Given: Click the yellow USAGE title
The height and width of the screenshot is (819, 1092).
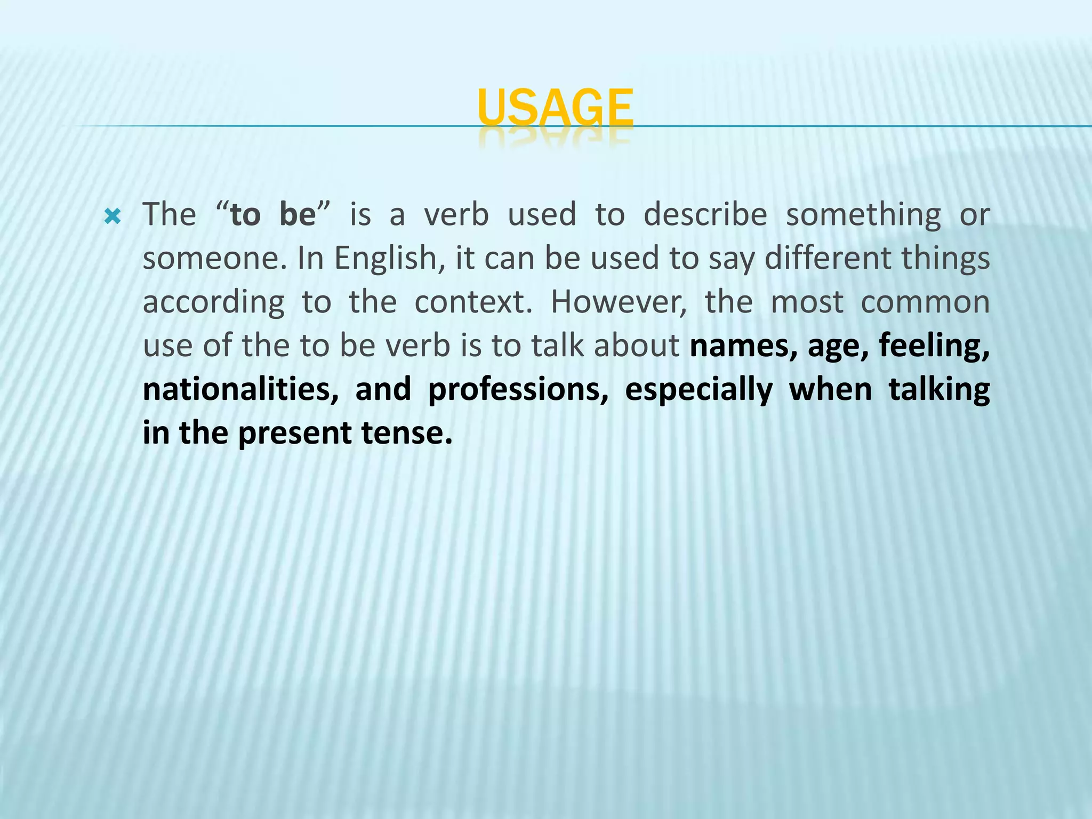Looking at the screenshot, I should [x=555, y=108].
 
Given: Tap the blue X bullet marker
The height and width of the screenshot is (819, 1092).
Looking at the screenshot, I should [x=113, y=216].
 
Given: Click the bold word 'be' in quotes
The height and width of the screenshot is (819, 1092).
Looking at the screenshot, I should [x=298, y=215].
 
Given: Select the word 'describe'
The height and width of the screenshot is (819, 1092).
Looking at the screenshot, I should [x=705, y=215].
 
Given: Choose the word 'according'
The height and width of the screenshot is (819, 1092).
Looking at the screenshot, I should [x=213, y=303].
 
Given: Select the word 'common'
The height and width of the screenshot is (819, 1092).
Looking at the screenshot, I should [x=925, y=302].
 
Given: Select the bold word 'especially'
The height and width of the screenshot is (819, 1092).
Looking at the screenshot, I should [x=698, y=390].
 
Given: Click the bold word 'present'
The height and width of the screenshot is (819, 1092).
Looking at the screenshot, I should [x=294, y=434].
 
